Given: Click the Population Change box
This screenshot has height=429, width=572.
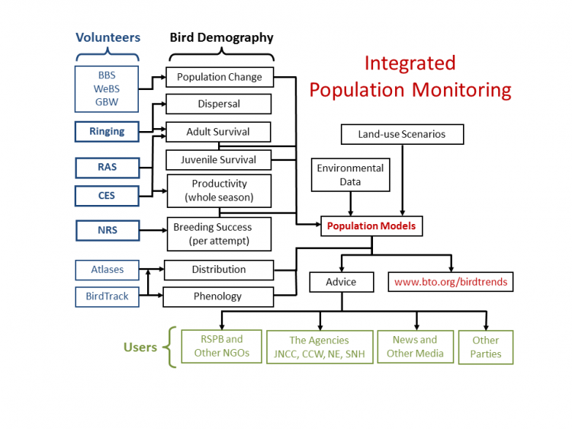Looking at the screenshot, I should click(219, 77).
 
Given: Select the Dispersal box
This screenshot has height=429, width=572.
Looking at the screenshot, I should click(218, 104).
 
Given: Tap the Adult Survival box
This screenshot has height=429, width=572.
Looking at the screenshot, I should click(218, 132).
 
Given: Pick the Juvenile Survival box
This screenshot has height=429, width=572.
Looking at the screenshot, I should click(218, 160).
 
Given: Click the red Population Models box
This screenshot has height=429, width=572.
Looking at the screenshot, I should click(371, 226).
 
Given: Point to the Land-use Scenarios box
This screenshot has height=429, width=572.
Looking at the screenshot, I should click(401, 135).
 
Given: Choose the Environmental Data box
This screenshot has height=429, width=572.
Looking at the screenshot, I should click(350, 175).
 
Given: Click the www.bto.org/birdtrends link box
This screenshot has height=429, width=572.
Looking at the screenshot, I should click(451, 282).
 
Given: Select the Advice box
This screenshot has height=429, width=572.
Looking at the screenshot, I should click(341, 282).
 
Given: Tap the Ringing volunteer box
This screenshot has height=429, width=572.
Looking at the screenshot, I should click(107, 131).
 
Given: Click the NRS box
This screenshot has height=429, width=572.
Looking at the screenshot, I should click(107, 229).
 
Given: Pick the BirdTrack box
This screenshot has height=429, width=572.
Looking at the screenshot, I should click(107, 296).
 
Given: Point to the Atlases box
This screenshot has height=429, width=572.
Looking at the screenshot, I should click(107, 270).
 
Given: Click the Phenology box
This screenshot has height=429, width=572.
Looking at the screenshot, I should click(218, 296).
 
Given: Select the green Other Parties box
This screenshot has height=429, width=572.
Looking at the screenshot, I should click(486, 347).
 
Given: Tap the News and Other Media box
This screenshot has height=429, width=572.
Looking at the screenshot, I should click(415, 346).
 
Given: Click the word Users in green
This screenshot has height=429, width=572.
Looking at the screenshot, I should click(140, 347).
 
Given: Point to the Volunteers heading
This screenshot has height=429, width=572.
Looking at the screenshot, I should click(108, 37).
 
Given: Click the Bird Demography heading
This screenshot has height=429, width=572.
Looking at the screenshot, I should click(221, 37).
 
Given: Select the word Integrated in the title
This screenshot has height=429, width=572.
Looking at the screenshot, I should click(410, 62).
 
